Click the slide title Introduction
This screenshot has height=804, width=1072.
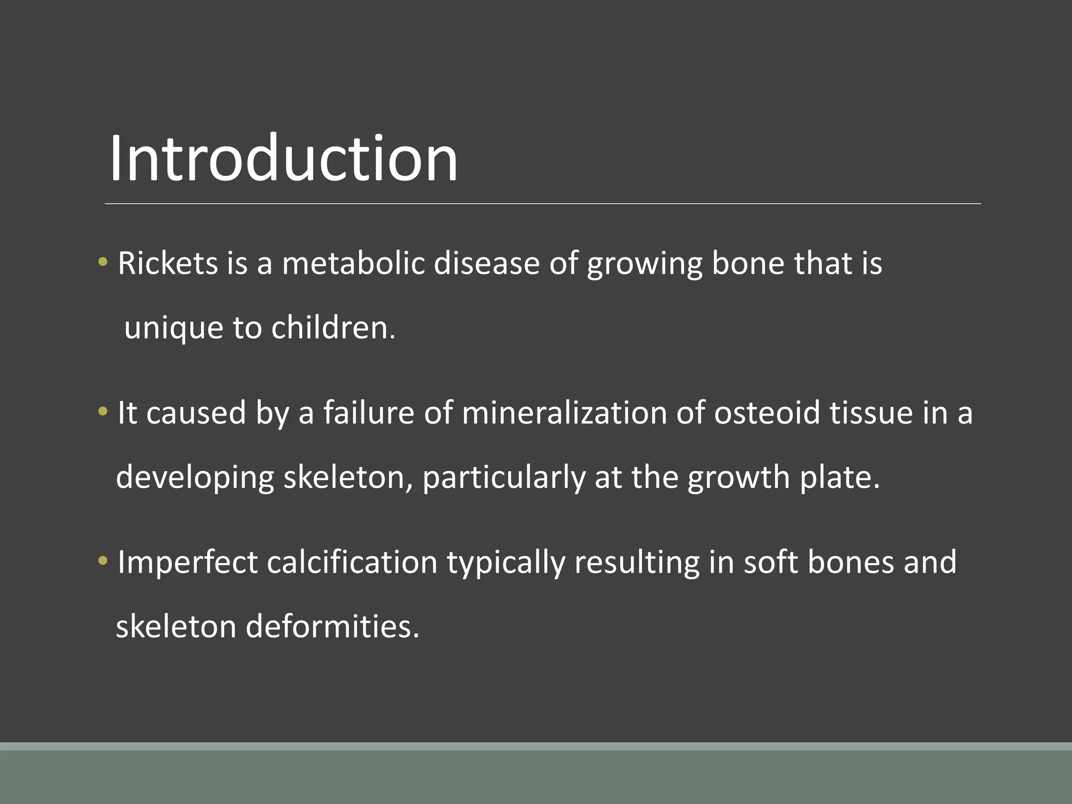pyautogui.click(x=283, y=158)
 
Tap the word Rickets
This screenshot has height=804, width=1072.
pyautogui.click(x=167, y=263)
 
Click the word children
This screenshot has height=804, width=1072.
pyautogui.click(x=333, y=328)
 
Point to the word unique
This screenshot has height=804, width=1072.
pyautogui.click(x=174, y=328)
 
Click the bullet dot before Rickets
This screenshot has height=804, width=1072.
pyautogui.click(x=103, y=261)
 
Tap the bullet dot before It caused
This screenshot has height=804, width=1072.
pyautogui.click(x=103, y=411)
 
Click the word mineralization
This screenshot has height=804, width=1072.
pyautogui.click(x=564, y=413)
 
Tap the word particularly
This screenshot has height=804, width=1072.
pyautogui.click(x=504, y=478)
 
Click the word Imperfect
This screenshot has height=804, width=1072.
pyautogui.click(x=187, y=563)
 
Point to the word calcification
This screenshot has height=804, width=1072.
pyautogui.click(x=352, y=563)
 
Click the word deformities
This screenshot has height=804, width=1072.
pyautogui.click(x=332, y=627)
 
